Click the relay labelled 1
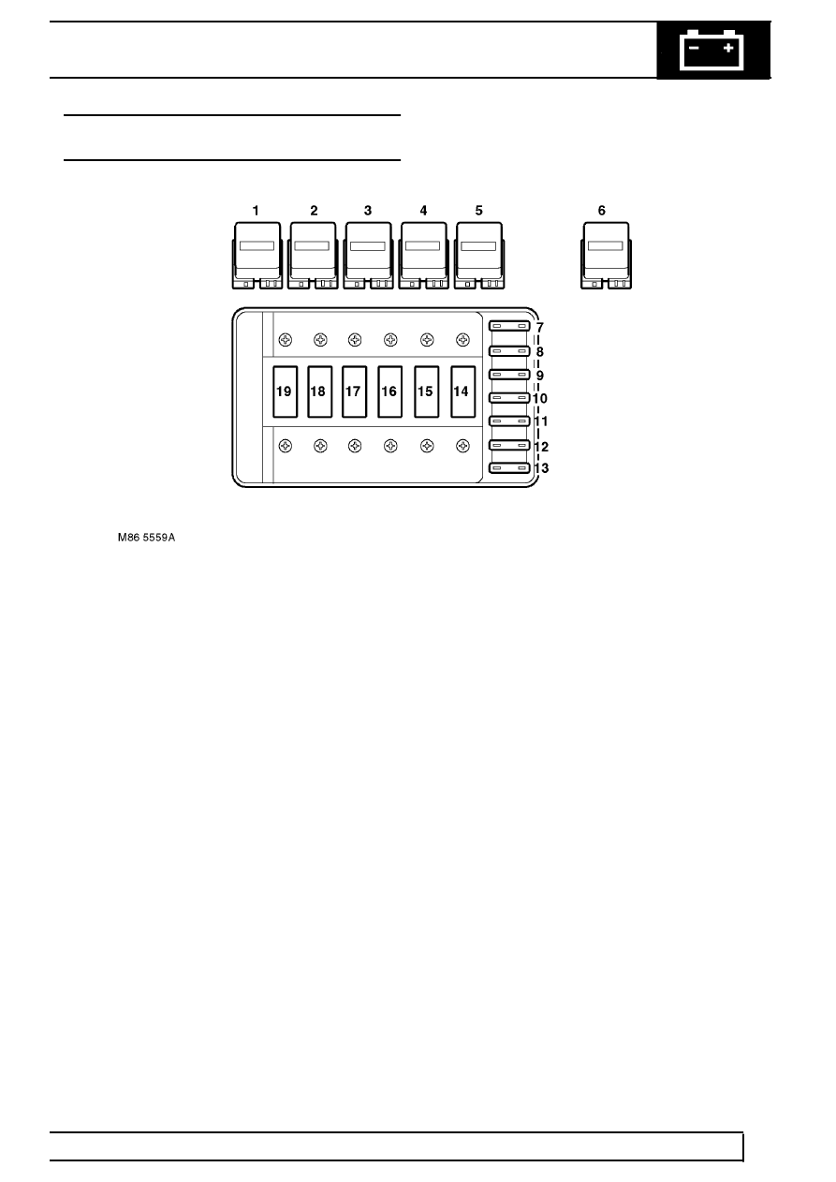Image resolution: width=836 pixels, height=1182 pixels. [257, 256]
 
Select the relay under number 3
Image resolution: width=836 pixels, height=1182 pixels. [368, 256]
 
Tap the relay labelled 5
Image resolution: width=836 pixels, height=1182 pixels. [479, 256]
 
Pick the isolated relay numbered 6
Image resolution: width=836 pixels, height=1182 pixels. [606, 256]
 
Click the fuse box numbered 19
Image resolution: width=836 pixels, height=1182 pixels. [285, 392]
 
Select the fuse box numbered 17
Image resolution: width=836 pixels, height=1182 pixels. [354, 392]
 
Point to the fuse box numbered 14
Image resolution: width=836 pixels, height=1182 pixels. [462, 392]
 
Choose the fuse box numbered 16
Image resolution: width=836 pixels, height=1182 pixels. [389, 392]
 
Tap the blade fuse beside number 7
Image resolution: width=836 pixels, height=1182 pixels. [509, 326]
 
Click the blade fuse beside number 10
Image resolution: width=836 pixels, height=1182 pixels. [509, 397]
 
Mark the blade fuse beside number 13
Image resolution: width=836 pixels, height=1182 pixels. [509, 468]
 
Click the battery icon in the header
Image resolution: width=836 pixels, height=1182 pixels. [711, 51]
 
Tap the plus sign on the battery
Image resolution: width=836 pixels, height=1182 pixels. [728, 48]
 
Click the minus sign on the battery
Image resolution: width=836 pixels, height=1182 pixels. [694, 48]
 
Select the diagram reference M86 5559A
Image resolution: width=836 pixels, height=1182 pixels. [146, 538]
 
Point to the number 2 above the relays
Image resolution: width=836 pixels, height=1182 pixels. [314, 211]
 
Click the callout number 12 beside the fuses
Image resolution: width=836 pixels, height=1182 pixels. [541, 447]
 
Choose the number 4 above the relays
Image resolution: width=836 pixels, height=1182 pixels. [423, 211]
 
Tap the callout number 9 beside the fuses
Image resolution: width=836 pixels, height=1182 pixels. [539, 376]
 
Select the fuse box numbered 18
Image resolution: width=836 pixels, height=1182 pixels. [319, 392]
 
